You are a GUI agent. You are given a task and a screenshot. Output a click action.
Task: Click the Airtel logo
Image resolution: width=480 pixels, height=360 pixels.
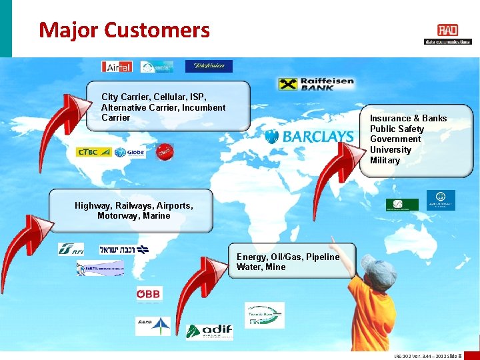117,67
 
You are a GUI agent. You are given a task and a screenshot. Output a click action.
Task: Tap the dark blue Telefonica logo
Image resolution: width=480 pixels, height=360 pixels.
209,66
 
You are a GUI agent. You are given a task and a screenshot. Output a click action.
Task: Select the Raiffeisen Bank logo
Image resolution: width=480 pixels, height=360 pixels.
316,84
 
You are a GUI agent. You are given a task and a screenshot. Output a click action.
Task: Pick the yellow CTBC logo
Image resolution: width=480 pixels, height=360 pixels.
93,152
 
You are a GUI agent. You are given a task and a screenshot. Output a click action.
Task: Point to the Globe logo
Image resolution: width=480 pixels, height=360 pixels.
129,153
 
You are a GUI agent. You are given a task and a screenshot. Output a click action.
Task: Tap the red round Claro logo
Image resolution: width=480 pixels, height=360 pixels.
164,151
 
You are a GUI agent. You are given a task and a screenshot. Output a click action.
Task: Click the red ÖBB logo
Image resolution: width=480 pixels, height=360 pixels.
149,294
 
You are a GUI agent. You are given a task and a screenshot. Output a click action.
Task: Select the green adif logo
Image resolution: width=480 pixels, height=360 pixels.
209,331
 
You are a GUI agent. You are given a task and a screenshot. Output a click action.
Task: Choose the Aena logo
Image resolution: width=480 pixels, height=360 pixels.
153,325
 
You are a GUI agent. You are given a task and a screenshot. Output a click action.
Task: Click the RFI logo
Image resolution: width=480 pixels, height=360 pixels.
71,249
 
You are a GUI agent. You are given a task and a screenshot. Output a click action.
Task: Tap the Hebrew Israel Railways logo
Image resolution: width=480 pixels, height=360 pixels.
124,249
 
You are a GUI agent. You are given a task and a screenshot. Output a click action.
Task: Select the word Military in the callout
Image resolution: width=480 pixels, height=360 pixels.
385,161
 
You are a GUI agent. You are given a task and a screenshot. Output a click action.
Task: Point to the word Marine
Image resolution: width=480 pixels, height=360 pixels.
156,216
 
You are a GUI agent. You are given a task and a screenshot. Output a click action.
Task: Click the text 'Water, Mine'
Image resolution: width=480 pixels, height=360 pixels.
261,267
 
